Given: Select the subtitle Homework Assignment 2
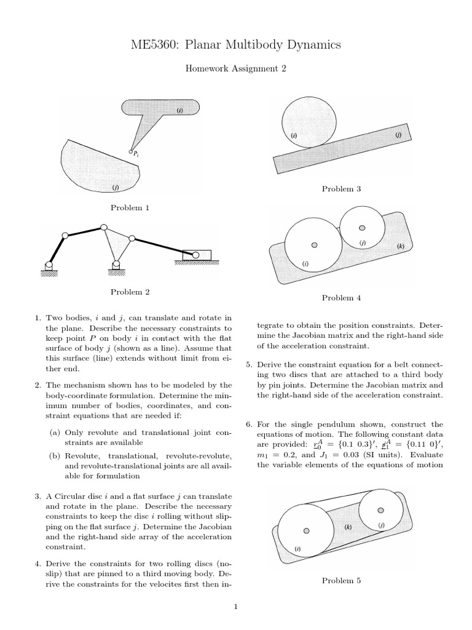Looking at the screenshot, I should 236,69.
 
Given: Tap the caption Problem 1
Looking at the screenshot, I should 130,208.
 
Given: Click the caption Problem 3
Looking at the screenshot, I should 341,189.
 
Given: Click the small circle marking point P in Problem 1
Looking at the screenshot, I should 130,152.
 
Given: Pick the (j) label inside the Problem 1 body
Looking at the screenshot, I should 115,187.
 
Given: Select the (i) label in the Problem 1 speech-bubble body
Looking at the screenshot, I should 179,111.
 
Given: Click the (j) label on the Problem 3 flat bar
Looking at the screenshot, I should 398,134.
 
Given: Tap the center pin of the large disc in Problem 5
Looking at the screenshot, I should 305,531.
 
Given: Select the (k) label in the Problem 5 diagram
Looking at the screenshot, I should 347,527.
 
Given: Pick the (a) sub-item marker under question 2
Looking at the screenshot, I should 55,433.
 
